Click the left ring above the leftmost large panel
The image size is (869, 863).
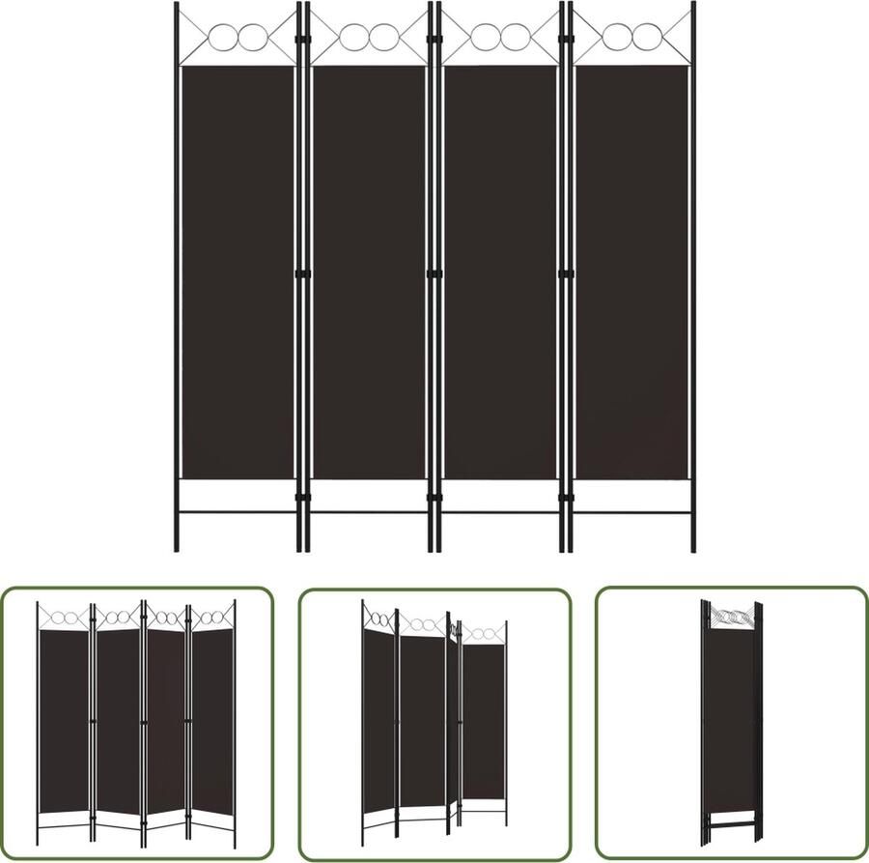tap(223, 38)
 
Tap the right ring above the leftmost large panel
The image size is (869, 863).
tap(252, 38)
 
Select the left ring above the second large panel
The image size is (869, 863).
tap(353, 38)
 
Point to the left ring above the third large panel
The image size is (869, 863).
tap(485, 38)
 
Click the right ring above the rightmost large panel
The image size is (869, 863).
tap(645, 38)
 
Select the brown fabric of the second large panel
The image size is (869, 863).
tap(369, 271)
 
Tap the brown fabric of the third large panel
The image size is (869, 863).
tap(500, 271)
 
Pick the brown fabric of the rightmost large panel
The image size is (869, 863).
tap(631, 271)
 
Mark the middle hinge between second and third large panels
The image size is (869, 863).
tap(434, 274)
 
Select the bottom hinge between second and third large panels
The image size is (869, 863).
tap(434, 498)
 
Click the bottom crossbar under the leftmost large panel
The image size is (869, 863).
tap(238, 511)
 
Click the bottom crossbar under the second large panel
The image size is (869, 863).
tap(369, 511)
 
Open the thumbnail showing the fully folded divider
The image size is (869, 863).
tap(732, 723)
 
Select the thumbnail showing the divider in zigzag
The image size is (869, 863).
tap(434, 723)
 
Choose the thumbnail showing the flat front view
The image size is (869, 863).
tap(137, 723)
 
